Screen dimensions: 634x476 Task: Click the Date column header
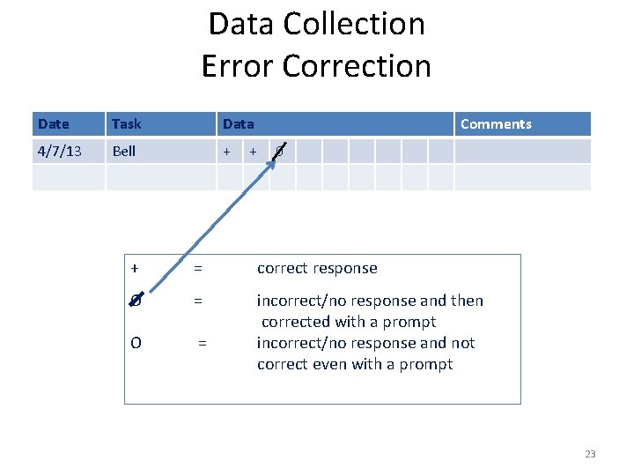pyautogui.click(x=54, y=124)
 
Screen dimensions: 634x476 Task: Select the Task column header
pyautogui.click(x=127, y=124)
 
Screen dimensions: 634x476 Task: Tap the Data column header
pyautogui.click(x=238, y=124)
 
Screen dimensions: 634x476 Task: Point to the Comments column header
pyautogui.click(x=496, y=124)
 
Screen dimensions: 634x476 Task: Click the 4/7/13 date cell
pyautogui.click(x=59, y=151)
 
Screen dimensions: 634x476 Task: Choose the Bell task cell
pyautogui.click(x=124, y=151)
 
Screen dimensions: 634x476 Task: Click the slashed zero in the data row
pyautogui.click(x=279, y=152)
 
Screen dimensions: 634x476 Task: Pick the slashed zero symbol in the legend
pyautogui.click(x=135, y=301)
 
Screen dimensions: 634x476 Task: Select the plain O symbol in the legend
pyautogui.click(x=136, y=343)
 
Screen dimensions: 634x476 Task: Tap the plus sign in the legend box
pyautogui.click(x=134, y=268)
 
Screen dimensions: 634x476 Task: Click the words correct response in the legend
pyautogui.click(x=317, y=268)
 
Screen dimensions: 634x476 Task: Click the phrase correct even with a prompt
pyautogui.click(x=355, y=364)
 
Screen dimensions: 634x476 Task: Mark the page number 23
pyautogui.click(x=590, y=454)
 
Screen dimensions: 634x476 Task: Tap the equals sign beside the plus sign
pyautogui.click(x=199, y=268)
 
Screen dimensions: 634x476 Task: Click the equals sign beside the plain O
pyautogui.click(x=203, y=343)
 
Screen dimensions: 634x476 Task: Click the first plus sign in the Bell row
pyautogui.click(x=226, y=151)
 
